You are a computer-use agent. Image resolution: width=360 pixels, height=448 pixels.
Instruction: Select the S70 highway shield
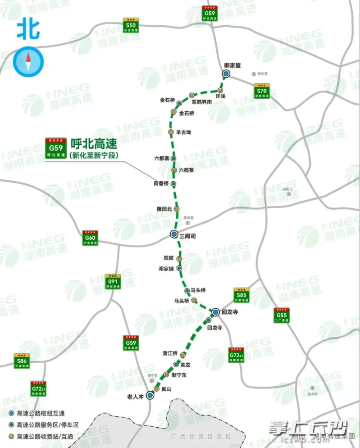coord(262,91)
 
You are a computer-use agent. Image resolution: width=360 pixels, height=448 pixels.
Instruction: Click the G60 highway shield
coord(91,238)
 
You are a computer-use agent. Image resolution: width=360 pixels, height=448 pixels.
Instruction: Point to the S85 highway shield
coord(242,295)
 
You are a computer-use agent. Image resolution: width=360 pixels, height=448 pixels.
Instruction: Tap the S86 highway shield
coord(21,361)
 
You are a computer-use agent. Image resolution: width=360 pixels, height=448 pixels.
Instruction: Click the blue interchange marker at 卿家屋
coord(226,74)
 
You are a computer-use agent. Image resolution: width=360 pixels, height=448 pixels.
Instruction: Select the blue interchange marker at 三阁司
coord(174,234)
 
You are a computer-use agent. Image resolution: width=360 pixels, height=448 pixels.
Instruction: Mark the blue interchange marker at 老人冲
coord(150,395)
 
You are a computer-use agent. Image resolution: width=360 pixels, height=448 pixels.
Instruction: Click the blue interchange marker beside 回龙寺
coord(215,311)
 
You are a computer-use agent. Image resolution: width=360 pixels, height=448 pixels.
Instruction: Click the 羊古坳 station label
coord(184,133)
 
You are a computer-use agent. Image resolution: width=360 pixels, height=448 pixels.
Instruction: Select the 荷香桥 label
coord(161,184)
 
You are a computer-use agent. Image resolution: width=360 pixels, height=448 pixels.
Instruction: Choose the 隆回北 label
coord(164,209)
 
